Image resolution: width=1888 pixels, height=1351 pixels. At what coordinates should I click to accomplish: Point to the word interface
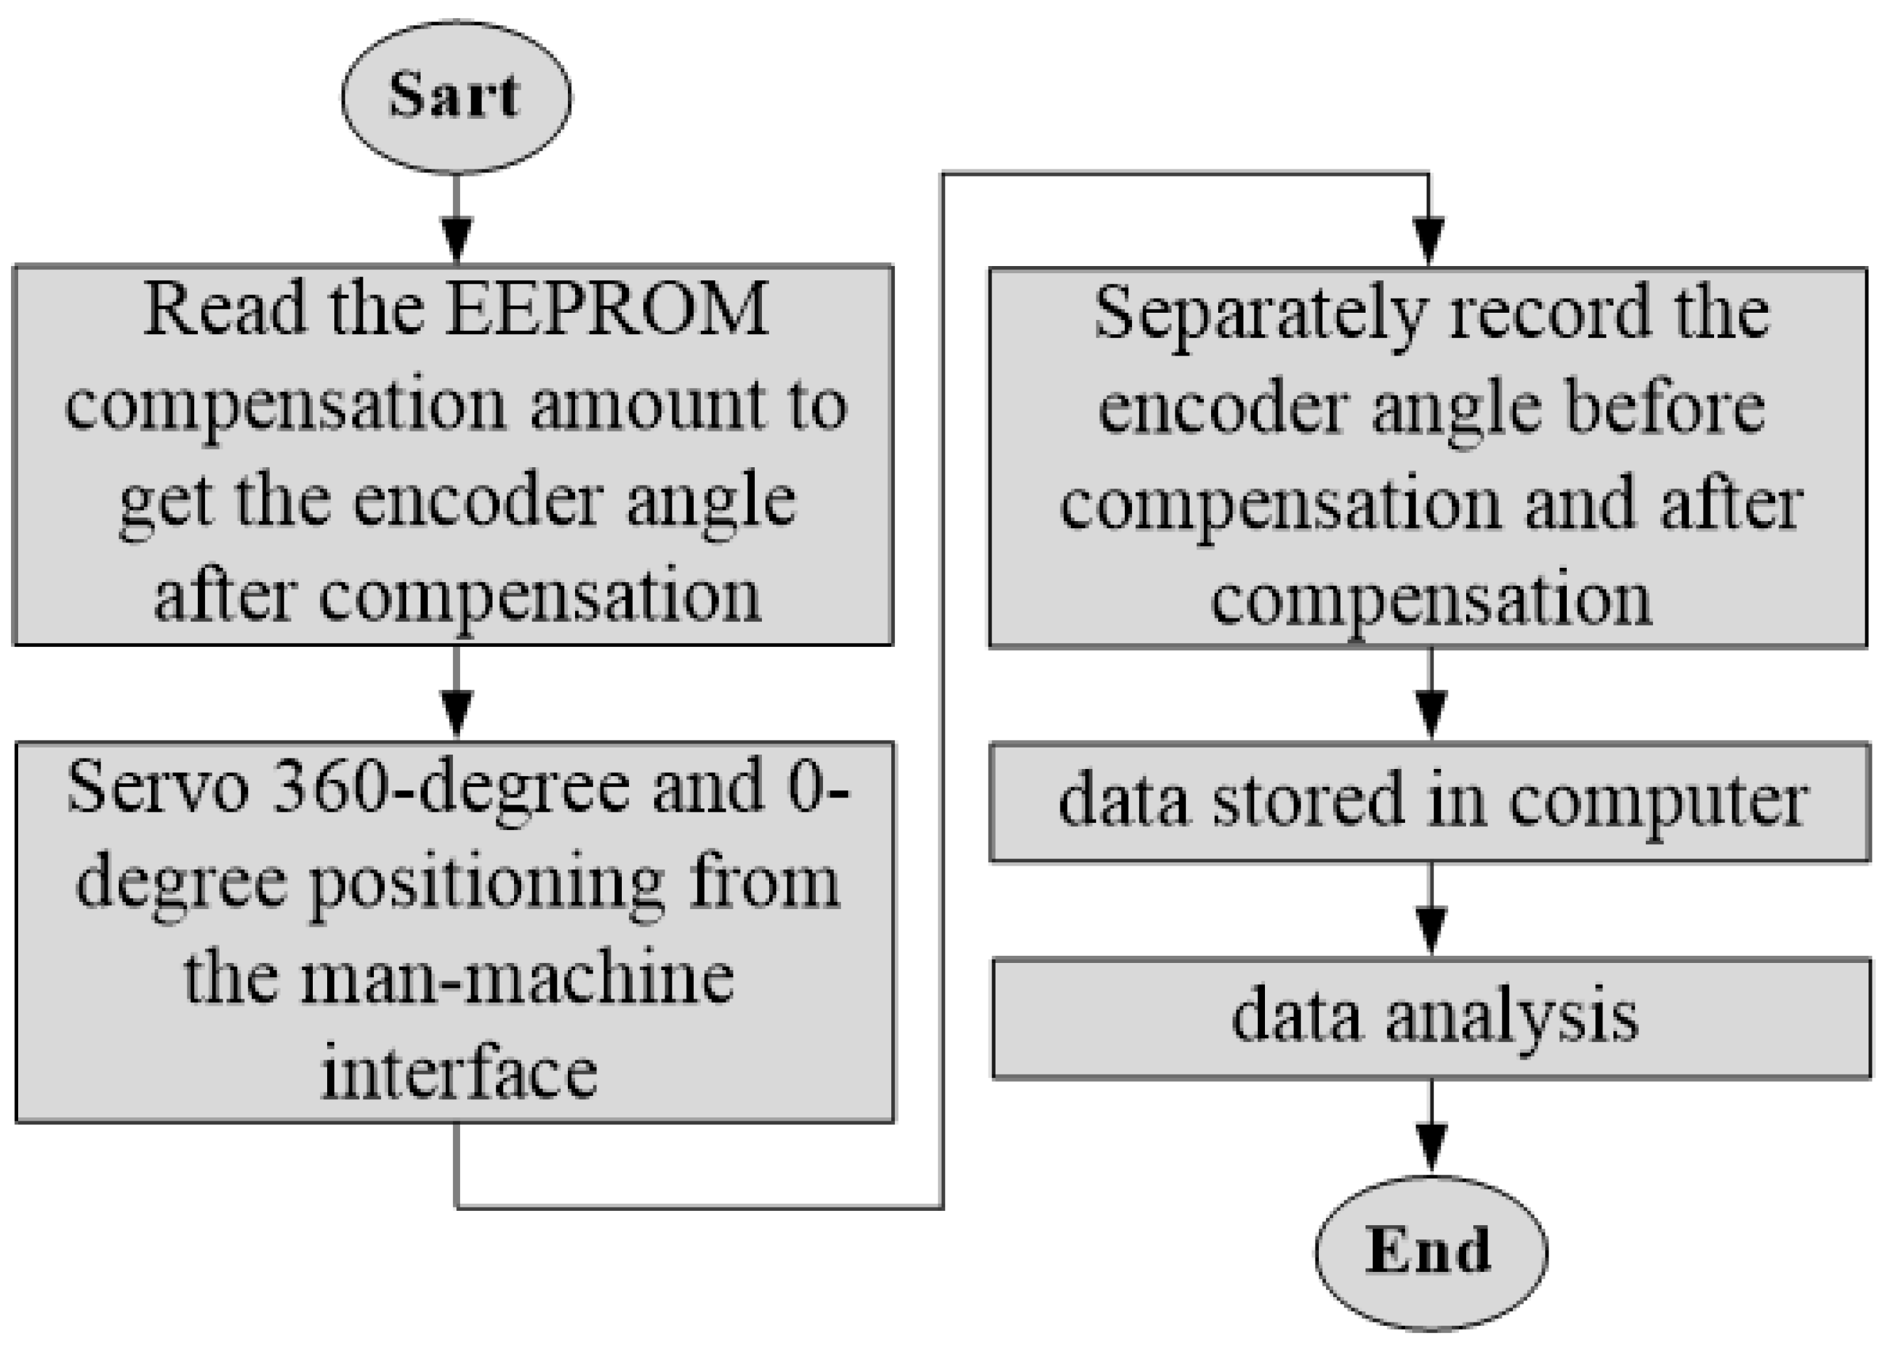458,1073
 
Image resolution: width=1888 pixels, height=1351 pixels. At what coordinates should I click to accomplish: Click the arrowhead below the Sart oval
456,239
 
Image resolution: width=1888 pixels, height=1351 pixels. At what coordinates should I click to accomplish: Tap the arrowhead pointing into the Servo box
456,714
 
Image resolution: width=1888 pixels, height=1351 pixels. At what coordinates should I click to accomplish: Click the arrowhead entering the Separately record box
1428,241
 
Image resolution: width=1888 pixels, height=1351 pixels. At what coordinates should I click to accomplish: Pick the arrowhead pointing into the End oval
1430,1147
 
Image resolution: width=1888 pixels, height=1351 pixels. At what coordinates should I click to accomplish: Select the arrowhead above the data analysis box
1430,930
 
